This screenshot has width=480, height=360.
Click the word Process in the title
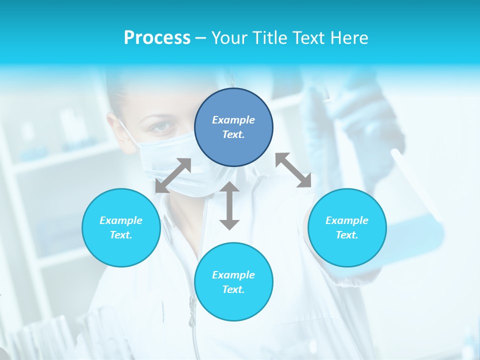click(157, 38)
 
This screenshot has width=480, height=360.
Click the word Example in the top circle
click(233, 120)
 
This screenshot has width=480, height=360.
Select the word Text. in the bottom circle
click(233, 289)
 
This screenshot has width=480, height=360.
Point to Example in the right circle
click(347, 220)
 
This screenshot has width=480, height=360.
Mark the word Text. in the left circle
click(121, 235)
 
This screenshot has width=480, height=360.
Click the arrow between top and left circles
click(173, 175)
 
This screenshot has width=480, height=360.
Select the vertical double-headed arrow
click(229, 206)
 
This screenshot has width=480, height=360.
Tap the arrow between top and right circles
click(293, 170)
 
